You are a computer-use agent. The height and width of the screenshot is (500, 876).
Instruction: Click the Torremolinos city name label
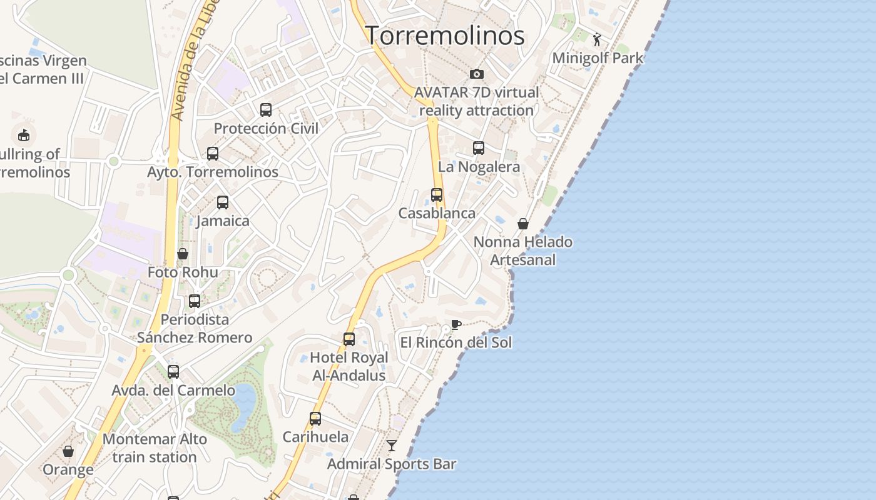[444, 35]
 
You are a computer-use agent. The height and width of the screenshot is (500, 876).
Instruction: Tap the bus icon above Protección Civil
[266, 110]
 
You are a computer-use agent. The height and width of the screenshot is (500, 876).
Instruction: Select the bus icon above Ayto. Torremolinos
[213, 153]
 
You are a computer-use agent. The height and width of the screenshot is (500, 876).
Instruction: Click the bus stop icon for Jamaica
[223, 202]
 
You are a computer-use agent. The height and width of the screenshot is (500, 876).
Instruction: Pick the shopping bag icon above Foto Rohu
[183, 254]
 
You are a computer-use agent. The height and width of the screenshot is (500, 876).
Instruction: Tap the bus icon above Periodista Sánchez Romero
[195, 301]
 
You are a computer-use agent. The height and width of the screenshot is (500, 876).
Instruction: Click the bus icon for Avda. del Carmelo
[173, 372]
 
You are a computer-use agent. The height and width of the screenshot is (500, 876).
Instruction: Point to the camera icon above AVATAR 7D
[477, 74]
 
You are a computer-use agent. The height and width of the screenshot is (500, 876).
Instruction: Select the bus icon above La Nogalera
[479, 148]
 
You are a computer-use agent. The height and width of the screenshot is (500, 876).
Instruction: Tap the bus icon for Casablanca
[437, 194]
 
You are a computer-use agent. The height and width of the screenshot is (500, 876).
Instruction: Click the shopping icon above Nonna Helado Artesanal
[523, 224]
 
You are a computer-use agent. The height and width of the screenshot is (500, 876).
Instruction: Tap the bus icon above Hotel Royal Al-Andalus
[349, 339]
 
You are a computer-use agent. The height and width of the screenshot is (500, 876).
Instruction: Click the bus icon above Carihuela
[315, 419]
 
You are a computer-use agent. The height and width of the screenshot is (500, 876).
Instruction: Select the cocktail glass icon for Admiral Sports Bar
[392, 446]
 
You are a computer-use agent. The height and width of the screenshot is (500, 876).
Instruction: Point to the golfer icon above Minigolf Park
[597, 39]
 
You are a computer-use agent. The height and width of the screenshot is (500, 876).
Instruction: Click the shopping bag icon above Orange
[68, 451]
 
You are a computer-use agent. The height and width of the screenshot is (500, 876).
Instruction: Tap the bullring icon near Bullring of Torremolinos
[24, 134]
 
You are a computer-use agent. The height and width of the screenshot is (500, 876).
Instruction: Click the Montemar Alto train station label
[155, 448]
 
